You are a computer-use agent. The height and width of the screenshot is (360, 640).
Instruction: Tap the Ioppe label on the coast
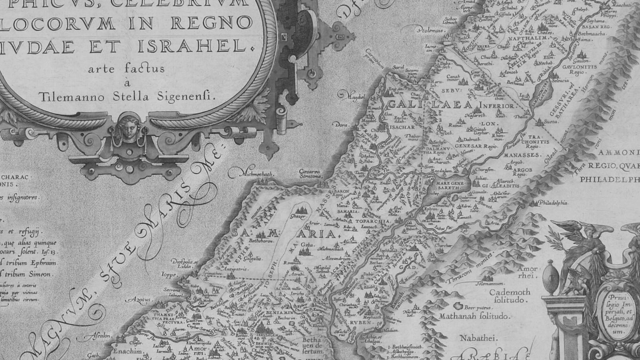[169, 275]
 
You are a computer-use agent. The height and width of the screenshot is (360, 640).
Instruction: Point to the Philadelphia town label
[553, 203]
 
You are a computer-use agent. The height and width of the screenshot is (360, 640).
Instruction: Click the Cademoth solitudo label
[510, 296]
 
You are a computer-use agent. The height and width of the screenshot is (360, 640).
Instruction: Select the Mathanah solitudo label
[475, 316]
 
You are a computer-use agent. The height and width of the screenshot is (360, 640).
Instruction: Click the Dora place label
[341, 125]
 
